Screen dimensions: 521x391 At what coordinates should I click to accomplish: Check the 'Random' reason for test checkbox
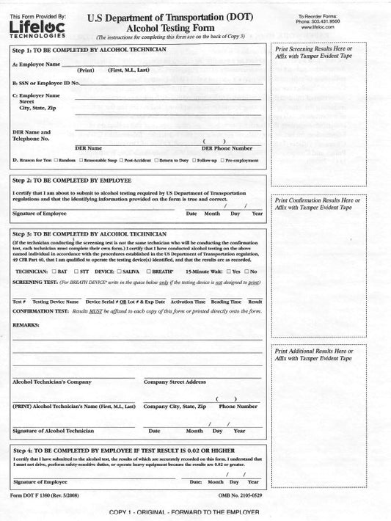pos(56,160)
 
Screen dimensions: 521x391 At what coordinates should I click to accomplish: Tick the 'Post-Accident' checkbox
pos(122,160)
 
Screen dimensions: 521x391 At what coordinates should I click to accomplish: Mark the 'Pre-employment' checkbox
pos(222,160)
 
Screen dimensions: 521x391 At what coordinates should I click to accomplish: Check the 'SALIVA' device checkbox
pos(120,272)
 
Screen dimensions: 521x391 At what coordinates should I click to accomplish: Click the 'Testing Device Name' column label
pos(56,302)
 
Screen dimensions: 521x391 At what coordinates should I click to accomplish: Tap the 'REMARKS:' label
pos(26,324)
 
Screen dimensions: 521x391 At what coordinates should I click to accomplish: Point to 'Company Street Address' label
pos(175,382)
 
